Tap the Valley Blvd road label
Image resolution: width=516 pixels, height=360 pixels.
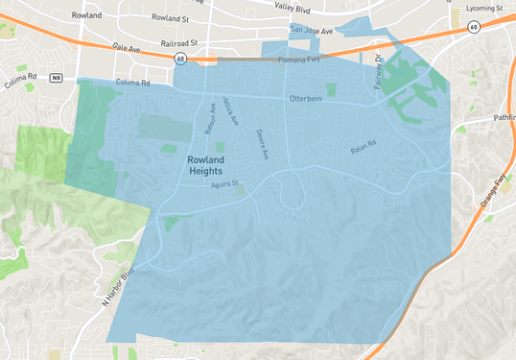292,7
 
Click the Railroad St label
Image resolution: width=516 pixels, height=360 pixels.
178,43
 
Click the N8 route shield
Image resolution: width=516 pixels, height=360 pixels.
57,76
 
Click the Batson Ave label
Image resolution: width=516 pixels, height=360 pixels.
208,119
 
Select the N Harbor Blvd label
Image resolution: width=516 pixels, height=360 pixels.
119,287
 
